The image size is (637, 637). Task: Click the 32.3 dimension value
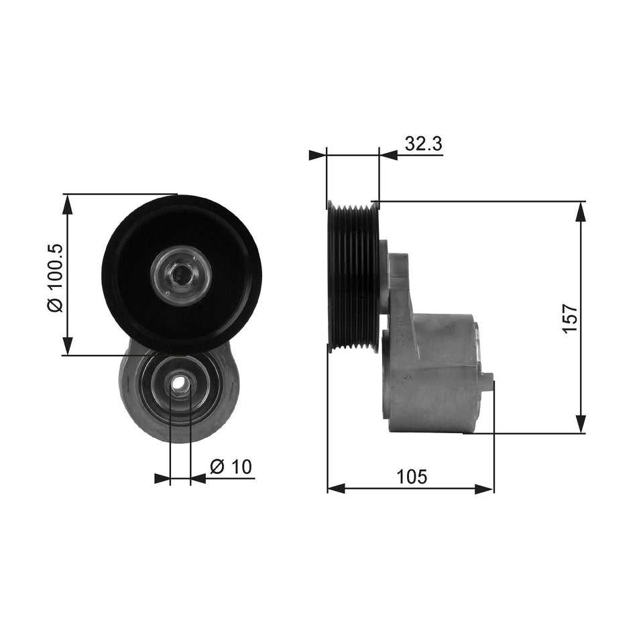pyautogui.click(x=423, y=143)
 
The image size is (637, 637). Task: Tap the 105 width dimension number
pyautogui.click(x=411, y=477)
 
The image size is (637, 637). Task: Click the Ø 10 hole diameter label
pyautogui.click(x=231, y=467)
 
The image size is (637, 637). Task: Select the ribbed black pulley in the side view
pyautogui.click(x=353, y=276)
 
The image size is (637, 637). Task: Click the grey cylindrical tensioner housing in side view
pyautogui.click(x=436, y=375)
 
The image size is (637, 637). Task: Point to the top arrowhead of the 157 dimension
pyautogui.click(x=581, y=211)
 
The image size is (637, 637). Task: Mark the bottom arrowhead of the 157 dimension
pyautogui.click(x=581, y=424)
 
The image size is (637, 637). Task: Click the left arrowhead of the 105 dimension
pyautogui.click(x=336, y=488)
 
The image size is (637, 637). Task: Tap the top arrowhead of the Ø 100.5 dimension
pyautogui.click(x=67, y=204)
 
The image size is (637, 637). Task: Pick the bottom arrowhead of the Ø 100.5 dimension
pyautogui.click(x=67, y=345)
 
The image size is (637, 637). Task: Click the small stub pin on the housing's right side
pyautogui.click(x=487, y=380)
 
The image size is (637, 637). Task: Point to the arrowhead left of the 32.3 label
pyautogui.click(x=388, y=155)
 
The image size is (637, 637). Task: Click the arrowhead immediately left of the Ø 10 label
pyautogui.click(x=198, y=479)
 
